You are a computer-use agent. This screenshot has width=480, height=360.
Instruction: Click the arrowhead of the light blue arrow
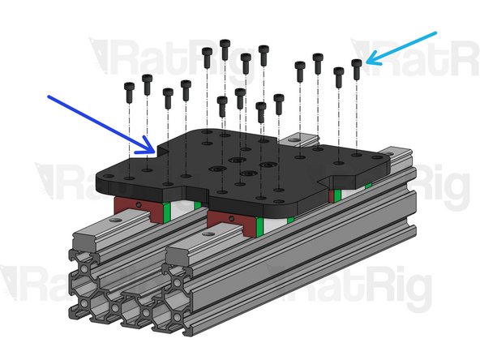pos(368,62)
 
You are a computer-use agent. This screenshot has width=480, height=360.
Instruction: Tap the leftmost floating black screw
pos(129,91)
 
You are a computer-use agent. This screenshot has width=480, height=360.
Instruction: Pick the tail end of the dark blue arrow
pos(49,97)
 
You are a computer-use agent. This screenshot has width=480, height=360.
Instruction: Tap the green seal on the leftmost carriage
pos(165,212)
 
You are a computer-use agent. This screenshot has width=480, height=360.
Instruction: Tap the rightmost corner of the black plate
pos(383,157)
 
